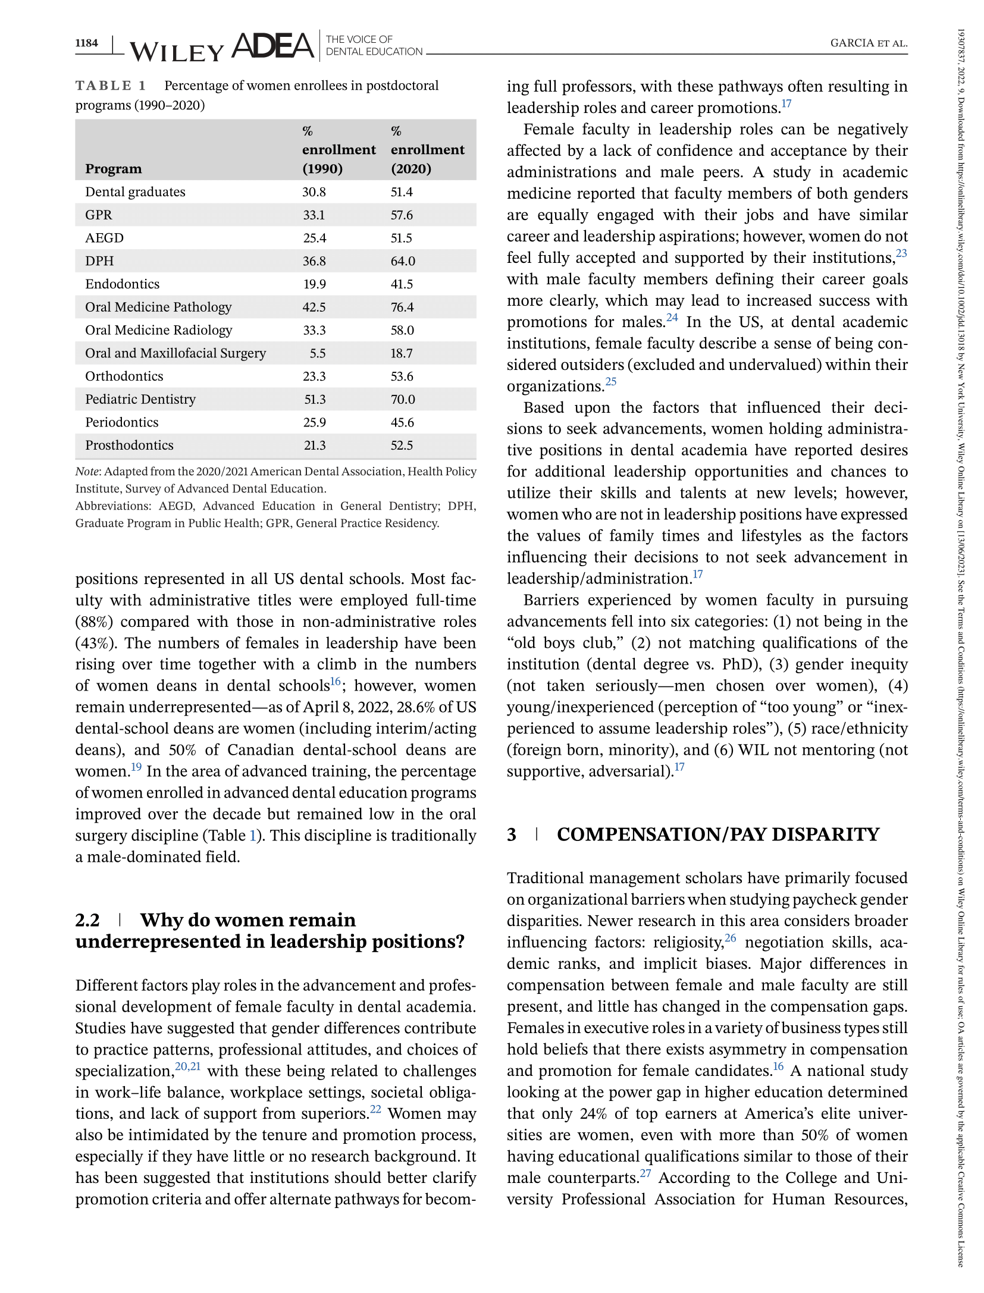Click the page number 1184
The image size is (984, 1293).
tap(86, 43)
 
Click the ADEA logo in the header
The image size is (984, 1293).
tap(272, 46)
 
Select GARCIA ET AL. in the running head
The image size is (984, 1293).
tap(869, 43)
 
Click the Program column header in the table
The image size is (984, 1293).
tap(113, 169)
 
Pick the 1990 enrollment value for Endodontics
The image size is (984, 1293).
tap(314, 284)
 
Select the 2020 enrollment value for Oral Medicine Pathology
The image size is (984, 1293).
tap(402, 307)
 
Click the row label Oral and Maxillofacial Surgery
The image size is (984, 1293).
tap(176, 353)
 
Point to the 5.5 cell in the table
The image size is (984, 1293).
tap(318, 353)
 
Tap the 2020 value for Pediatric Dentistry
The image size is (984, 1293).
tap(403, 400)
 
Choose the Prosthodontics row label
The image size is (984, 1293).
tap(129, 445)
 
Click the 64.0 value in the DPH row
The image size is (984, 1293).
tap(403, 261)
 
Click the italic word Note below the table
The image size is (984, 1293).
tap(87, 472)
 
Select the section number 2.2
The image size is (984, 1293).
tap(87, 920)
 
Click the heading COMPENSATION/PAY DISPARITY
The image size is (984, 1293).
tap(717, 834)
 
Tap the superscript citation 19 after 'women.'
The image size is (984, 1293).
tap(136, 767)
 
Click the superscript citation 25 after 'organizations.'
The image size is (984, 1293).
tap(611, 382)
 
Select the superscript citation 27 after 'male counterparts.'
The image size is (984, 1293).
tap(645, 1173)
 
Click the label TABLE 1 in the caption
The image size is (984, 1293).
tap(111, 86)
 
